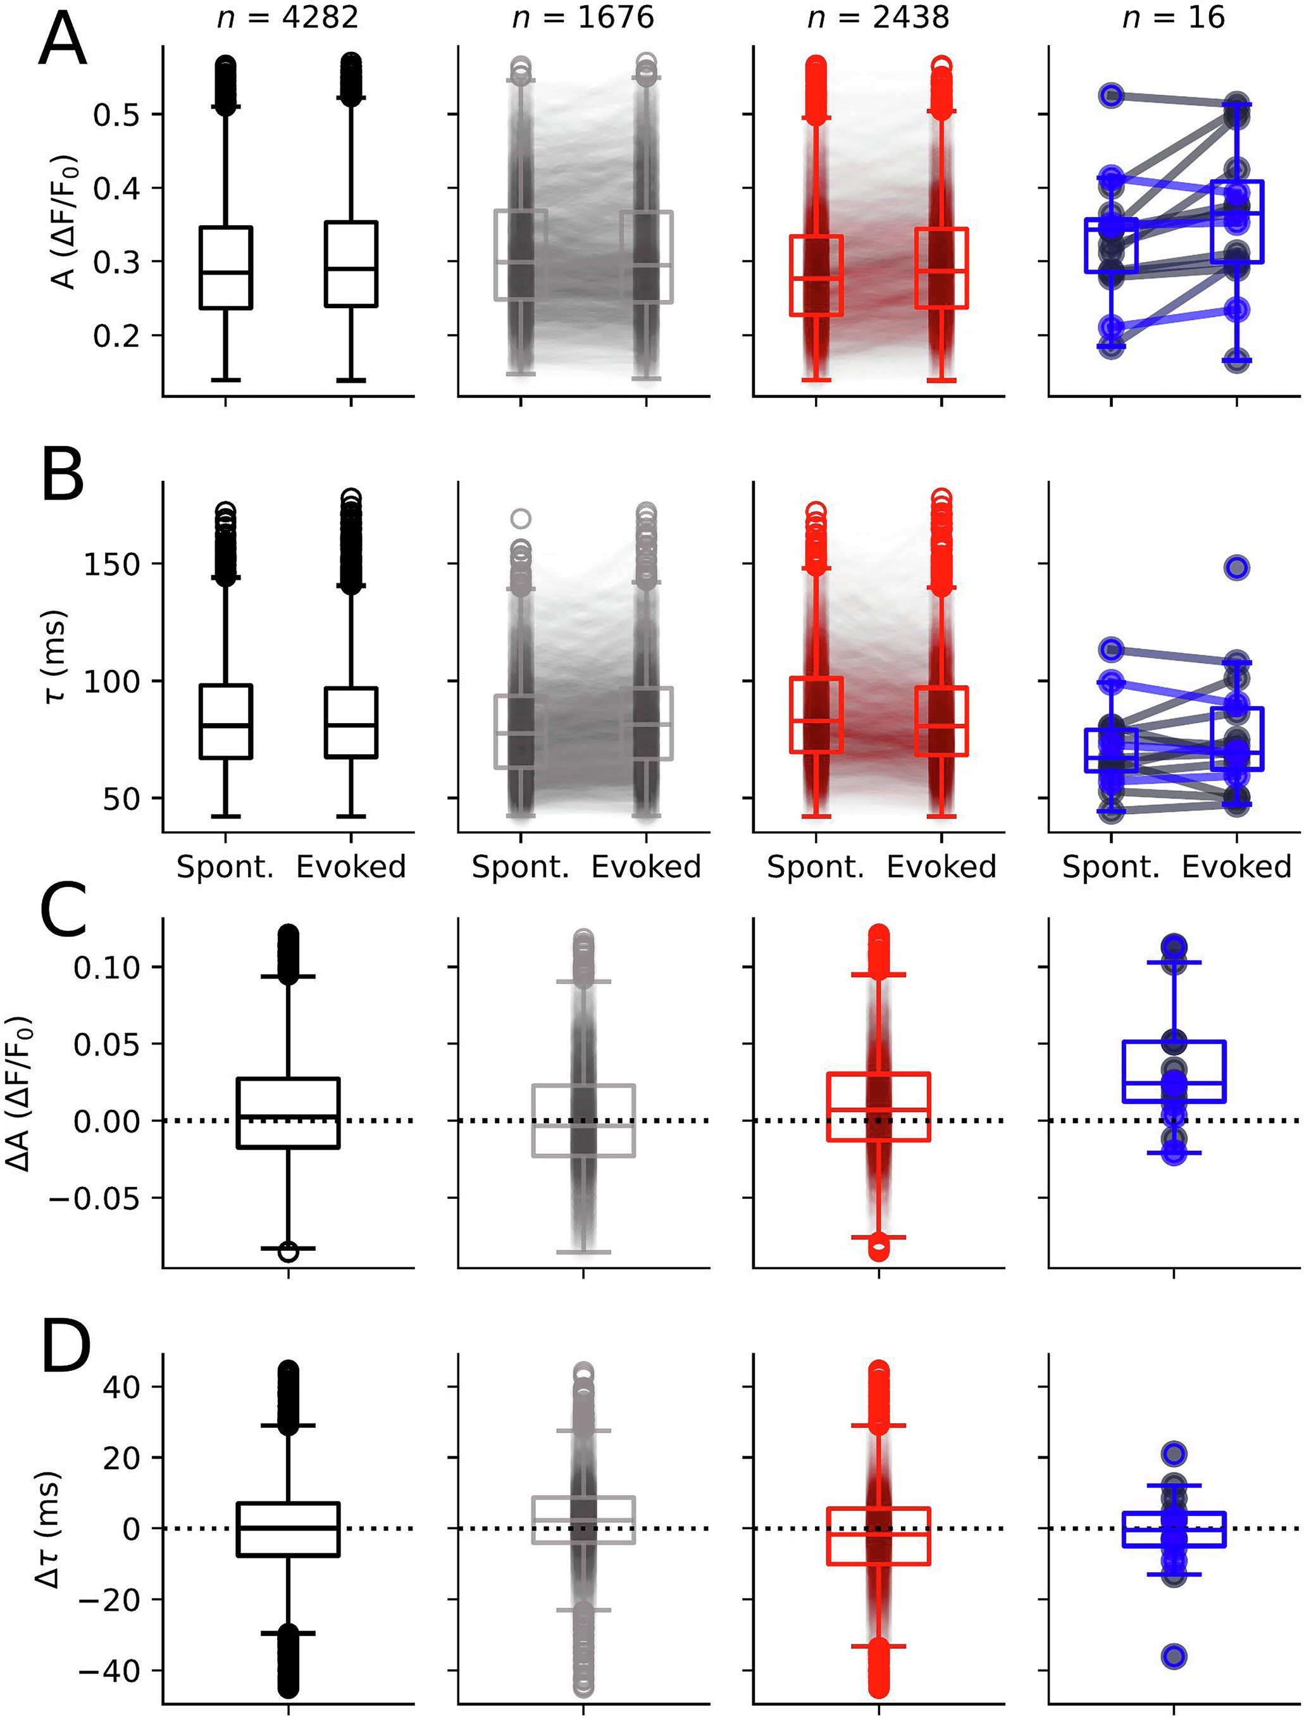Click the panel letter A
(x=61, y=44)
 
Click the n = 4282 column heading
(x=287, y=17)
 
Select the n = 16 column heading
(x=1174, y=17)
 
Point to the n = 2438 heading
(x=878, y=17)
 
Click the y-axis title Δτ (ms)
(x=47, y=1532)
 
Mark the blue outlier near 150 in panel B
(x=1236, y=568)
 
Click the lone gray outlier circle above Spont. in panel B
(x=521, y=518)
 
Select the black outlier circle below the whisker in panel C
(x=289, y=1252)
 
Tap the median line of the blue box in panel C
(x=1174, y=1083)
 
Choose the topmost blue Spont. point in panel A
(x=1111, y=96)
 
